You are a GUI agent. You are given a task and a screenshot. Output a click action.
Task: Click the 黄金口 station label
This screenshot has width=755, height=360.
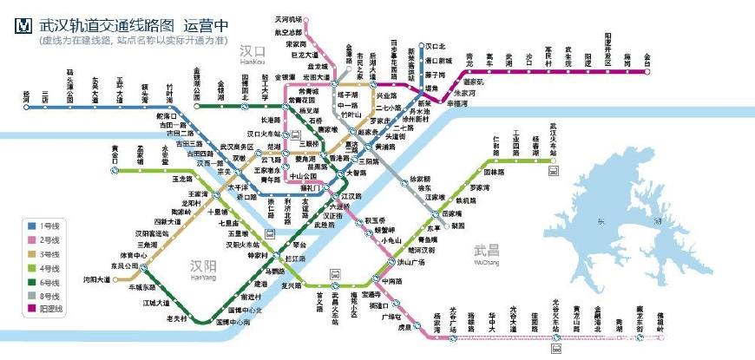(x=115, y=154)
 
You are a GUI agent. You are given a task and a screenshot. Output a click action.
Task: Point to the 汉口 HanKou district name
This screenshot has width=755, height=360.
(x=256, y=54)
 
